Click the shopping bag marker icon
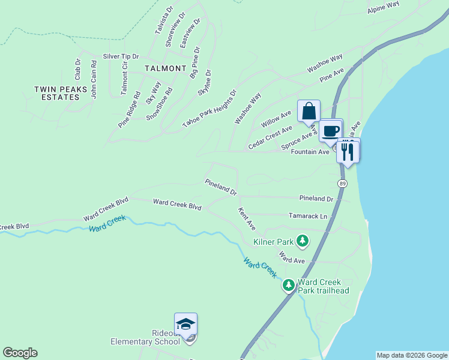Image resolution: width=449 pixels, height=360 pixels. coord(309,112)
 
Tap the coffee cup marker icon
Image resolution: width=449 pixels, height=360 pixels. coord(330,130)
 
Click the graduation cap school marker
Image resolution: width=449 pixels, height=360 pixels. coord(186,325)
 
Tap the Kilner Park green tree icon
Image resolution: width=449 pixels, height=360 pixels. coord(303,242)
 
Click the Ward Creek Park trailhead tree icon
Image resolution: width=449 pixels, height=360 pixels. coord(289,284)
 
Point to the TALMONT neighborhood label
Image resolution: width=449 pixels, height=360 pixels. coord(165,68)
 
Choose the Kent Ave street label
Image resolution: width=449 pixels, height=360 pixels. coord(247,219)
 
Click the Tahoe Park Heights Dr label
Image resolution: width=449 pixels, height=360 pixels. coord(210,109)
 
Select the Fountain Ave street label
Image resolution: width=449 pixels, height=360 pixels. coord(310,152)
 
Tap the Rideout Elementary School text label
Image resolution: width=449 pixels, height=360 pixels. coord(145,337)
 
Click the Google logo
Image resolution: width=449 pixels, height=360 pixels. coord(20,353)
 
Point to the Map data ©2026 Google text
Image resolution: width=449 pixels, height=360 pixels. coord(412,355)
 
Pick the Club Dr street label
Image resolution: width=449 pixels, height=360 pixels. coord(77,70)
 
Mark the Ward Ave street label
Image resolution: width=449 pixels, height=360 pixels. coord(292,260)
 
